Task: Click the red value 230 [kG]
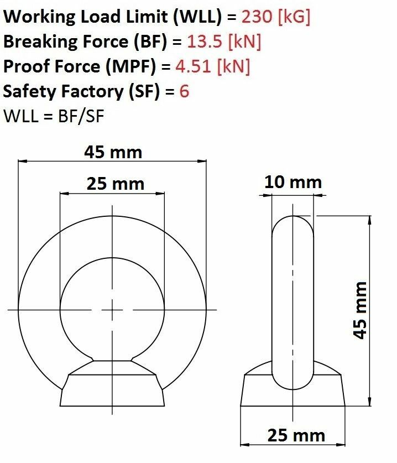pyautogui.click(x=276, y=17)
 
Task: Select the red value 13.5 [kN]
pyautogui.click(x=224, y=41)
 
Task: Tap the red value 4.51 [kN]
pyautogui.click(x=213, y=66)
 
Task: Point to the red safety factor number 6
pyautogui.click(x=184, y=91)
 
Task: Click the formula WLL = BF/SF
pyautogui.click(x=54, y=116)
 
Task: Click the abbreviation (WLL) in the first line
pyautogui.click(x=197, y=17)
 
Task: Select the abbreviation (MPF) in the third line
pyautogui.click(x=130, y=66)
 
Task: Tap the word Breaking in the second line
pyautogui.click(x=41, y=41)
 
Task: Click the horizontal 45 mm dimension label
pyautogui.click(x=113, y=152)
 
